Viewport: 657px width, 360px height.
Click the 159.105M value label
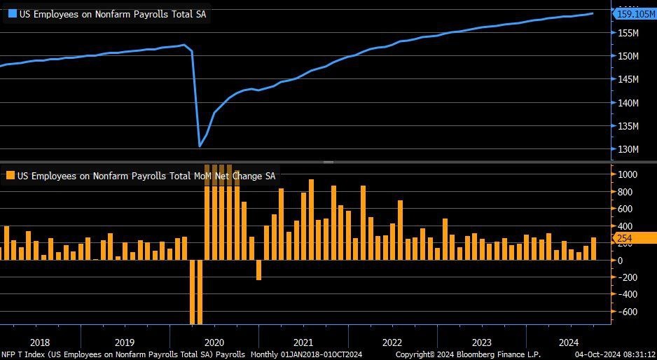pos(635,13)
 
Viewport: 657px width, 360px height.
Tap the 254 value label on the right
pos(625,239)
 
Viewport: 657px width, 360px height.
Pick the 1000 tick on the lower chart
pos(625,175)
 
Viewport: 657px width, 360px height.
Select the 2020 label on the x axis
pos(214,342)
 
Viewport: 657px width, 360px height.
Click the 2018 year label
pos(40,342)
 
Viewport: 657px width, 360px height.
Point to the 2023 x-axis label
pos(482,342)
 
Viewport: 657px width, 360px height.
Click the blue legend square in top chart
pos(11,13)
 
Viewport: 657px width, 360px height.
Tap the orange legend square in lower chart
pos(11,176)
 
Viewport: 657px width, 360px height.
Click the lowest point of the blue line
pos(200,146)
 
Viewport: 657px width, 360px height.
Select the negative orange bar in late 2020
pos(258,270)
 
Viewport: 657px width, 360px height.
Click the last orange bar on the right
pos(593,249)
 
